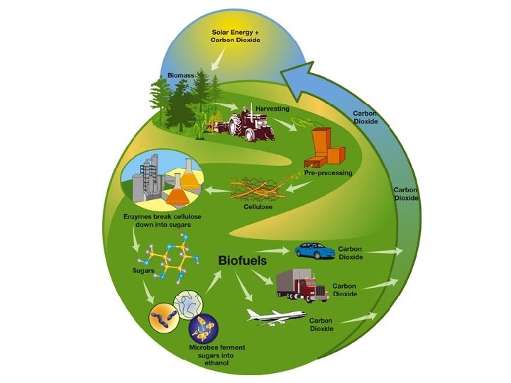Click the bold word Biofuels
(x=242, y=260)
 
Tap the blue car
(x=314, y=250)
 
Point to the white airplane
(x=275, y=316)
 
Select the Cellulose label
(x=259, y=209)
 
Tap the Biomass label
(x=181, y=74)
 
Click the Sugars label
(x=145, y=270)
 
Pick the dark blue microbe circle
(x=204, y=327)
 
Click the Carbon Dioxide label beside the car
(x=352, y=253)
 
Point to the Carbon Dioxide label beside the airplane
(x=323, y=324)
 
